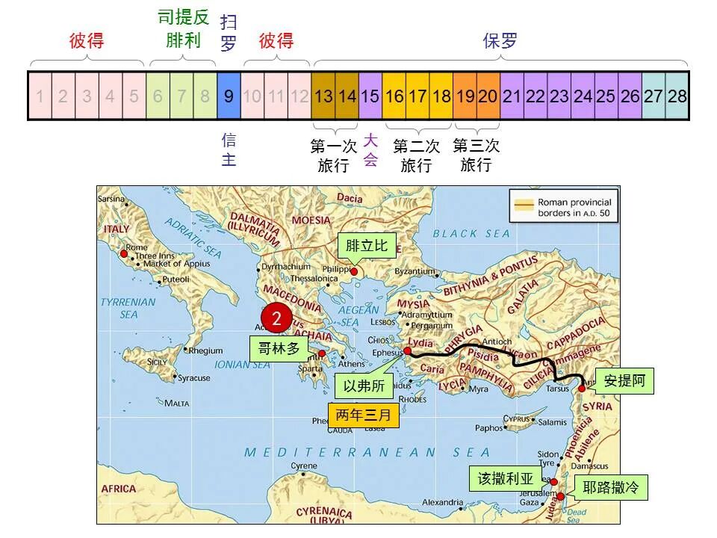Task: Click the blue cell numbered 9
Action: [229, 96]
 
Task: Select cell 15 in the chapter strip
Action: [370, 96]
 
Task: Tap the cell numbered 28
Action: [677, 96]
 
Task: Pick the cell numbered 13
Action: [323, 96]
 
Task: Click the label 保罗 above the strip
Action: [500, 41]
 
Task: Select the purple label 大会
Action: [371, 149]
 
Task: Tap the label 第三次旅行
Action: [476, 155]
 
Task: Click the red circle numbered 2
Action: [277, 318]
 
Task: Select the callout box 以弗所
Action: [364, 386]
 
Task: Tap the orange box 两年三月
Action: [364, 415]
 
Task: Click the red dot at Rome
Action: [123, 254]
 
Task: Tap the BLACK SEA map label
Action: [471, 234]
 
